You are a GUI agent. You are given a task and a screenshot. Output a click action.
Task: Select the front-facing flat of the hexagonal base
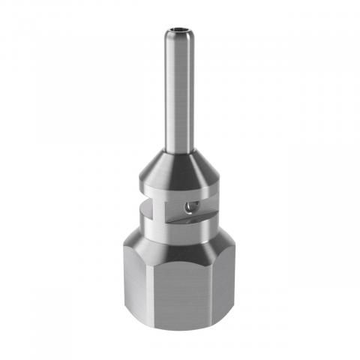pos(180,292)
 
